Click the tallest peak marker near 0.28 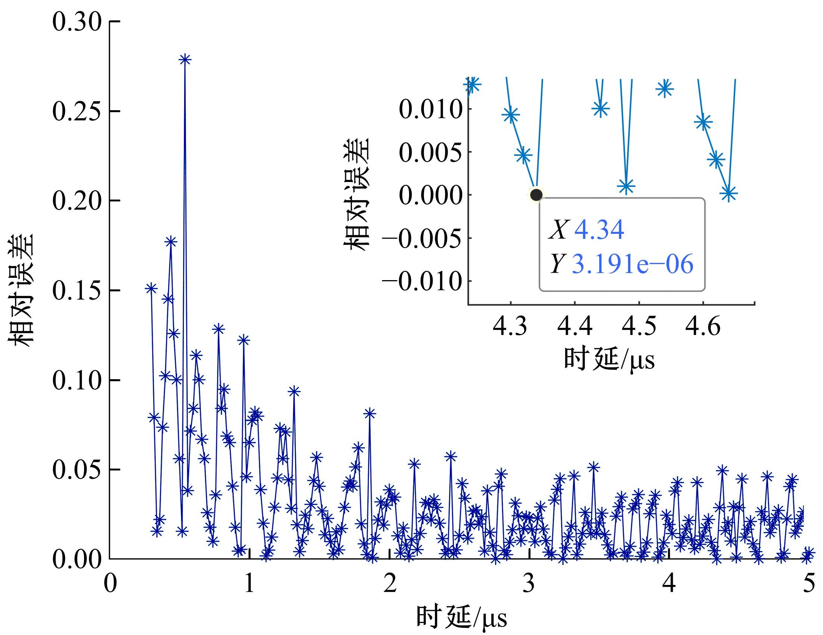coord(185,59)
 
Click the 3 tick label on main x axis coord(529,583)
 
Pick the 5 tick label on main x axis coord(809,583)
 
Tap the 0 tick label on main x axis coord(110,583)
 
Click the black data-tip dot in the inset coord(536,195)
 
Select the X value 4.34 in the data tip coord(599,230)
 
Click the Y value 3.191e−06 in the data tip coord(632,264)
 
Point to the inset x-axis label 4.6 coord(703,326)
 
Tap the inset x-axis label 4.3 coord(510,326)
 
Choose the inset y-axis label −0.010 coord(422,281)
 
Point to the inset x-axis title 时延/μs coord(609,359)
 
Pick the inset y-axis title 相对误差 coord(356,194)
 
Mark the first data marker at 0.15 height coord(151,288)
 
